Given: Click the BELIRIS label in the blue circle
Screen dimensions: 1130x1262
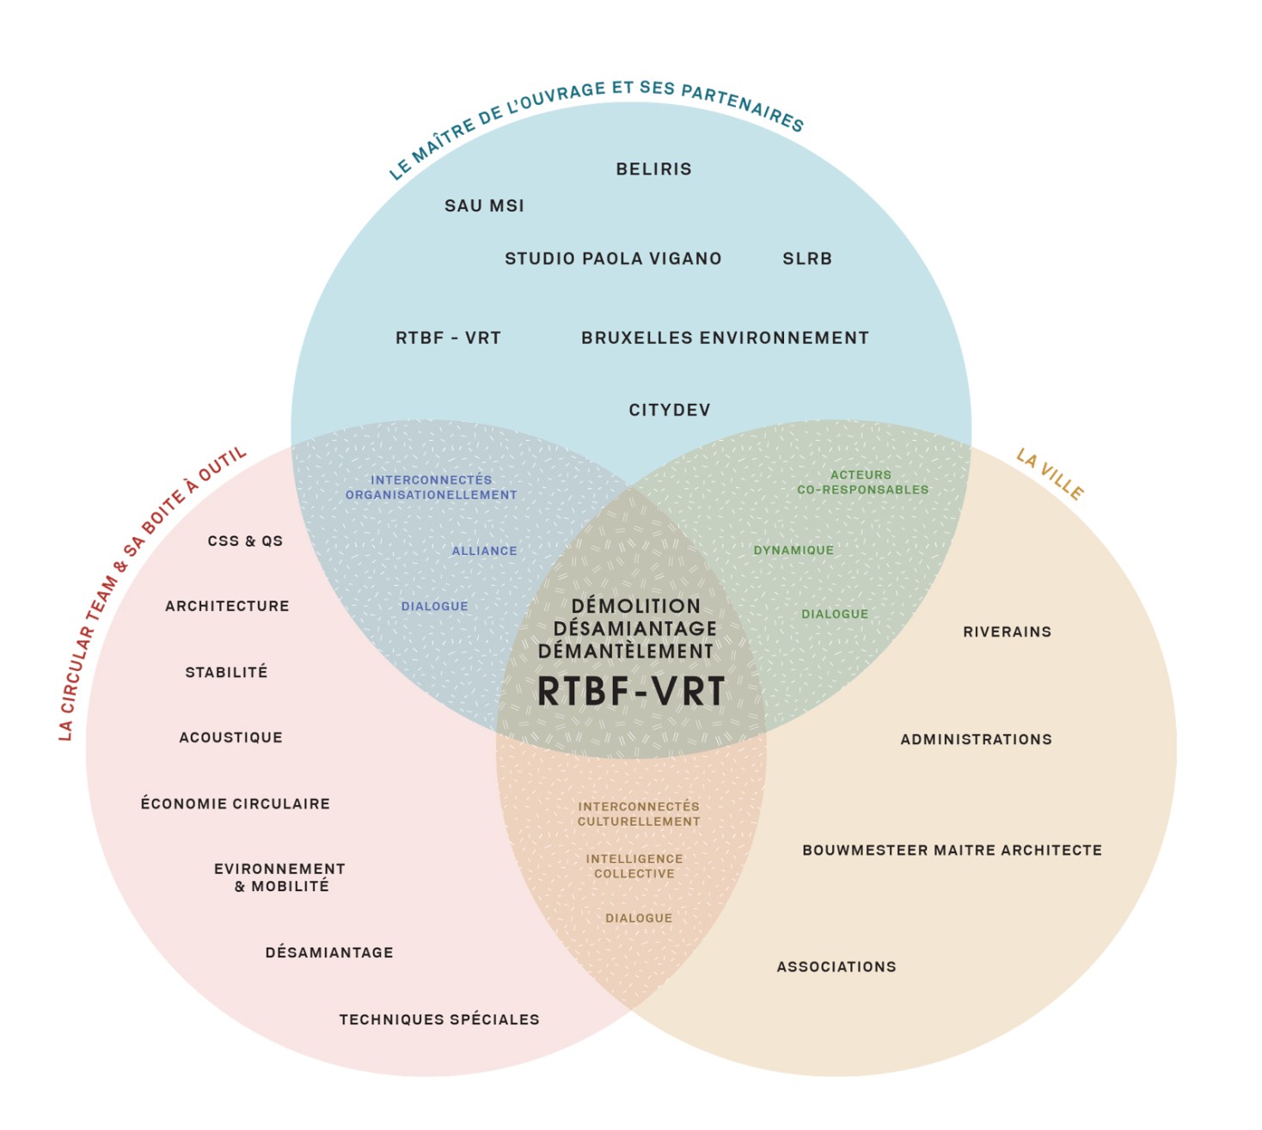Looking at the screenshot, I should [x=653, y=169].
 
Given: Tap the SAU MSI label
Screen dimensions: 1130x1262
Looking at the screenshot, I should [x=484, y=206].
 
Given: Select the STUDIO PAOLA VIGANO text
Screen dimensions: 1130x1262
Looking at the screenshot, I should [x=613, y=259].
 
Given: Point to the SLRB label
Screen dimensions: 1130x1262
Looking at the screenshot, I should [x=807, y=259].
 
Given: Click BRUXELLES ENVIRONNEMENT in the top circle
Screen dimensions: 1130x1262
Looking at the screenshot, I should [x=725, y=339].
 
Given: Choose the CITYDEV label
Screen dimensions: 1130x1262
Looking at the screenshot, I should [x=670, y=411].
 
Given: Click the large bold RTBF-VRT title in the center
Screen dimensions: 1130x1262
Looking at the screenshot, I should [x=631, y=692].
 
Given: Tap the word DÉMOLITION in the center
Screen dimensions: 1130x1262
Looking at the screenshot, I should [x=636, y=607].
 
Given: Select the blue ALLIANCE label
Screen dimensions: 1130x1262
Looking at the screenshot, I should [x=485, y=552].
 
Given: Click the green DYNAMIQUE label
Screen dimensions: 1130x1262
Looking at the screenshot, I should [x=793, y=551].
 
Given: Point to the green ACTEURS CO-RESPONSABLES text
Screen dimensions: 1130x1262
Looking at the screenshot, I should [x=862, y=483].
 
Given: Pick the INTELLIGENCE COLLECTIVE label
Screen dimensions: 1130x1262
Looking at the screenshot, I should [x=634, y=866].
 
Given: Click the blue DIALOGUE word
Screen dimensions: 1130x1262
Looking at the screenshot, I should [x=435, y=607].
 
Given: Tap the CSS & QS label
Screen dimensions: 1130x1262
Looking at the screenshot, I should [x=245, y=541].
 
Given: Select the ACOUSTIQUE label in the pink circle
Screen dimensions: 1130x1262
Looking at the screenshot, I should [x=230, y=737].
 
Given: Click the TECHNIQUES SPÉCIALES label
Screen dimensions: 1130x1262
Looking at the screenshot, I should [x=439, y=1020].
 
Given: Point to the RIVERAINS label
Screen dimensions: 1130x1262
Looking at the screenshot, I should [x=1007, y=632].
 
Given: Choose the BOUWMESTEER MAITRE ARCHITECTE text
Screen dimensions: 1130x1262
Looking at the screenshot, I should [x=952, y=851].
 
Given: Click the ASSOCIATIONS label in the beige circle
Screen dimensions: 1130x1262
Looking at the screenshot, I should [x=836, y=968].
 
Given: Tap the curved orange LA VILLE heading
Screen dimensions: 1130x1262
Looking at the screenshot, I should [x=1050, y=474].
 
